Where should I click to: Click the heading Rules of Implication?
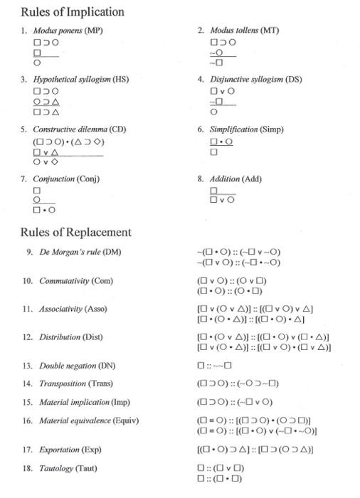coord(73,12)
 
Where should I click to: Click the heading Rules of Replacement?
coord(75,232)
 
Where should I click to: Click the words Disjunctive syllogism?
coord(246,80)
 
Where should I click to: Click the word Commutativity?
coord(65,281)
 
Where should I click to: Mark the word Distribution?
coord(60,337)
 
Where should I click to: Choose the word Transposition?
coord(62,384)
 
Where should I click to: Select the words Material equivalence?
coord(73,421)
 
